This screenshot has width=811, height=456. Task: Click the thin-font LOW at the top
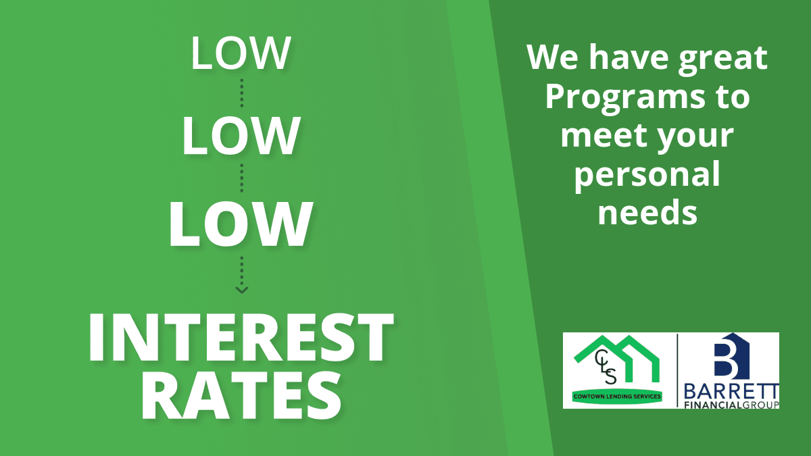click(x=241, y=53)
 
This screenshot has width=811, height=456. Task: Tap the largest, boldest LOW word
click(x=241, y=224)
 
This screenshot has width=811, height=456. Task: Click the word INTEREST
click(x=241, y=337)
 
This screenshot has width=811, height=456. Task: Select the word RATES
click(x=241, y=396)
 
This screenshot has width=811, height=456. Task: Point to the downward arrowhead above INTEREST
click(x=242, y=290)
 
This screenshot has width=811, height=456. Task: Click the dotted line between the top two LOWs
click(x=242, y=93)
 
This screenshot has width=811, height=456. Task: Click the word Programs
click(x=625, y=99)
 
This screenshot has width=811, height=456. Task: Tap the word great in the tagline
click(x=722, y=58)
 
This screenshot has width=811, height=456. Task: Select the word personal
click(x=647, y=175)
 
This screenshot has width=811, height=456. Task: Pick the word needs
click(x=647, y=213)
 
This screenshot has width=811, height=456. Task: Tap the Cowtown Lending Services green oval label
click(x=617, y=397)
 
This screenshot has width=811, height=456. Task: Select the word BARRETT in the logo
click(x=731, y=392)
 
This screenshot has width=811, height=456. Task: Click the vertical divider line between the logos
click(x=677, y=370)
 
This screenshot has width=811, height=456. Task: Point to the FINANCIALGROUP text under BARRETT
click(x=731, y=405)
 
